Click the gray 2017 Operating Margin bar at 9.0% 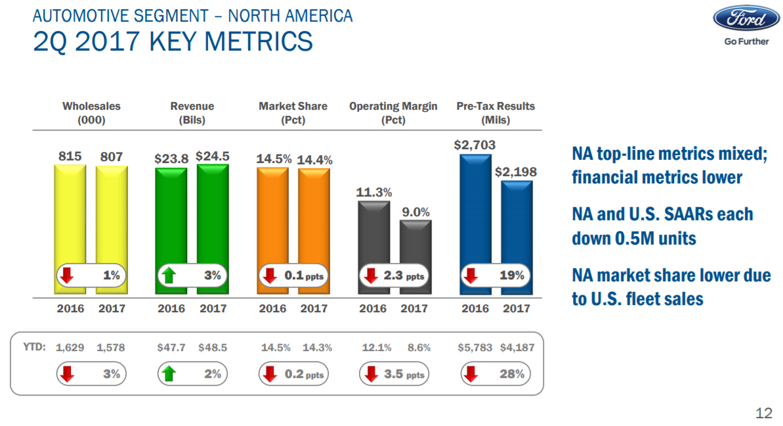click(415, 247)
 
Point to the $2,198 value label click(515, 172)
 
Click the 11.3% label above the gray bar click(374, 193)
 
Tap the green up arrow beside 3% click(169, 276)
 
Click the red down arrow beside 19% click(471, 276)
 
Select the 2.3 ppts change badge click(394, 276)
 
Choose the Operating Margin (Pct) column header click(393, 113)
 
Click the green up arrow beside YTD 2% click(169, 374)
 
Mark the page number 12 click(763, 413)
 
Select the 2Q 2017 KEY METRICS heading click(173, 41)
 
